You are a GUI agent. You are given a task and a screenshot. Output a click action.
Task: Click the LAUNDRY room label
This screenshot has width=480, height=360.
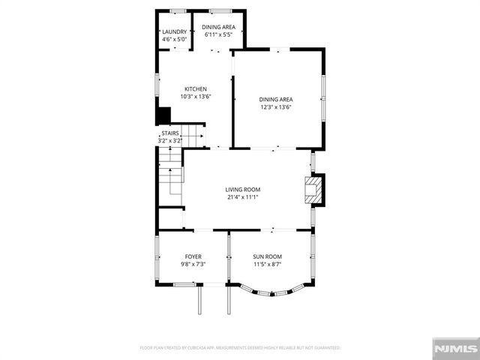coord(174,31)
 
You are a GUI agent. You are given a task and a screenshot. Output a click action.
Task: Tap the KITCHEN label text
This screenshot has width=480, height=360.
coord(196,89)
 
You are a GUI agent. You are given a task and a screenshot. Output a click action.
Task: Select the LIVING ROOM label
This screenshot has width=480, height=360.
coord(242,190)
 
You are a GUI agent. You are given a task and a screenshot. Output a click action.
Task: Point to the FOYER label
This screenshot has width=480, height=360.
coord(172,256)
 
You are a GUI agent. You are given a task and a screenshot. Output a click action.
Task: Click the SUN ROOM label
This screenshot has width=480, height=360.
coord(267,256)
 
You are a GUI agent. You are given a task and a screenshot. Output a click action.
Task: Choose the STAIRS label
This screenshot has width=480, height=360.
coord(170,133)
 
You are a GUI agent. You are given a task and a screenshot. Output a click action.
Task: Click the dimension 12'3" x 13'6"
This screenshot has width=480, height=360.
coord(275,106)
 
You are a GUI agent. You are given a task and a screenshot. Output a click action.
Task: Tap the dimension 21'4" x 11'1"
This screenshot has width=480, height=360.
coord(242,197)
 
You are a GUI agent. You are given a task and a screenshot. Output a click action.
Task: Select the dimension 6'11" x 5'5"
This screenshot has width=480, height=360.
coord(217,34)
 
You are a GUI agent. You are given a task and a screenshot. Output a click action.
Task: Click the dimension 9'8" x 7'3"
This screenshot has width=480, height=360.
coord(172,264)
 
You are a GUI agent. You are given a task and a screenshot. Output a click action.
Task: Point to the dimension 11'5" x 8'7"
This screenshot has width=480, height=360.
coord(267,264)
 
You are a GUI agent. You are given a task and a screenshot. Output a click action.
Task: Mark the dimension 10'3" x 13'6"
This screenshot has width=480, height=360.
coord(196,96)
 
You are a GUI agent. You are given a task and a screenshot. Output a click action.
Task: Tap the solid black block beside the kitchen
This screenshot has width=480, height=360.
coord(162,116)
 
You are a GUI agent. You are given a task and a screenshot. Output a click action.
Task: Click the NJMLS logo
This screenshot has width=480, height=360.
coord(455,348)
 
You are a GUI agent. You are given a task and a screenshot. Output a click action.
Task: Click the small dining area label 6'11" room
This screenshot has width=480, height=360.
coord(217,27)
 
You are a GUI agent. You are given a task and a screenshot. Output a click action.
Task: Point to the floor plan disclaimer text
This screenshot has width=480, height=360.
coord(240,348)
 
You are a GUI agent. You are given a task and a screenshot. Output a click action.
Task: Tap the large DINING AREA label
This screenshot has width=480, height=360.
coord(275,99)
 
